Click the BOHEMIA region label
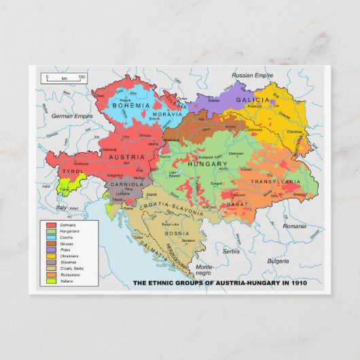click(131, 106)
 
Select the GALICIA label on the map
click(253, 100)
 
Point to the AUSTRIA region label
click(126, 157)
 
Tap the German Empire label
click(70, 116)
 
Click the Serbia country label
click(232, 251)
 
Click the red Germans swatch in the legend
click(51, 224)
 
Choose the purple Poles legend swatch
click(51, 249)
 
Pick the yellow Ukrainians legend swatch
click(51, 255)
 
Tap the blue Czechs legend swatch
click(51, 236)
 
